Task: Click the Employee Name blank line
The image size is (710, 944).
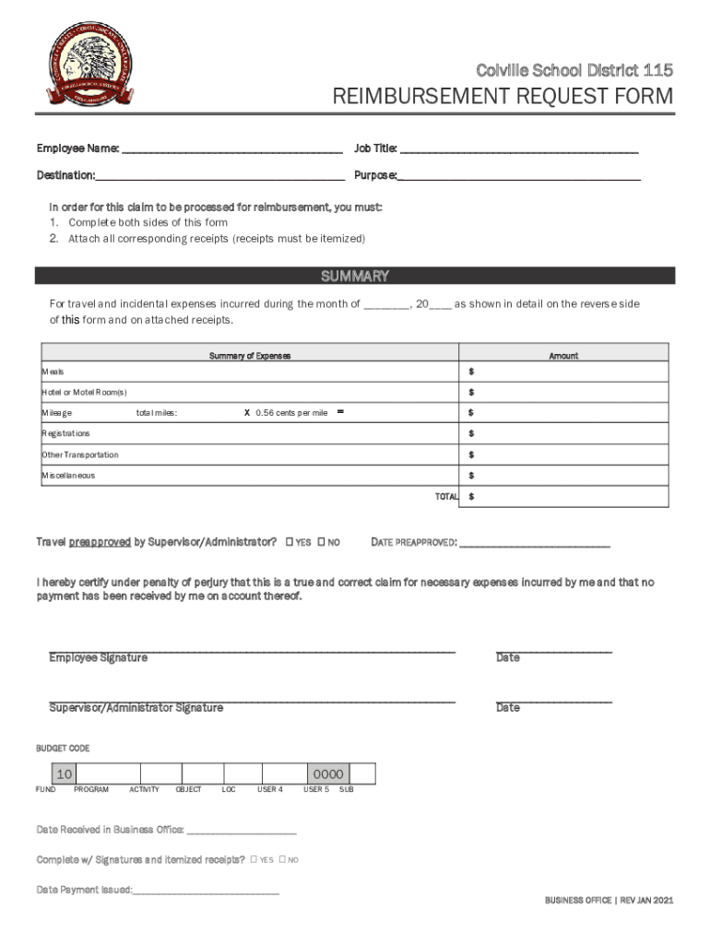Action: point(231,149)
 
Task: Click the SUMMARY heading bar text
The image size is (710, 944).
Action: point(354,276)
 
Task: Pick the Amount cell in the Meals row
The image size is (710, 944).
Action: point(564,372)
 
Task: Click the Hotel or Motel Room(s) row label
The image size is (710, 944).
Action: point(84,393)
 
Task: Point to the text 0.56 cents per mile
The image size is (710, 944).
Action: point(291,413)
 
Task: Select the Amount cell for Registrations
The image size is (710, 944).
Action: point(564,433)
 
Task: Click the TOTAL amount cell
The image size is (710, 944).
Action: point(564,497)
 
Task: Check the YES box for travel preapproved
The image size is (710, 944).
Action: point(290,542)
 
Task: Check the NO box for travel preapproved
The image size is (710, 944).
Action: point(322,542)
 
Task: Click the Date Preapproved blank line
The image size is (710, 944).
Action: point(534,544)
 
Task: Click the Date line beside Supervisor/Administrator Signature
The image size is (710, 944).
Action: point(553,700)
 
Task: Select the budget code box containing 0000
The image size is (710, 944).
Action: point(328,774)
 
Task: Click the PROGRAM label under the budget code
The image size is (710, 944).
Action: point(91,790)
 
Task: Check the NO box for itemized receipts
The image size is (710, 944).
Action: point(282,860)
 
